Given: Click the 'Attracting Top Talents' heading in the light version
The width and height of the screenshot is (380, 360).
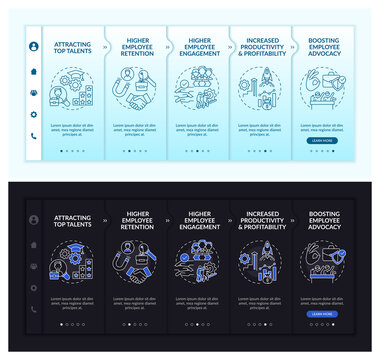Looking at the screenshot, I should click(71, 47).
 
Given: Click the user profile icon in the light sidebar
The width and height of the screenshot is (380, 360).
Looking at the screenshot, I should click(33, 47).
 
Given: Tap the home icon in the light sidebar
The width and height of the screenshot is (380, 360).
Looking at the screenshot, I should click(33, 70).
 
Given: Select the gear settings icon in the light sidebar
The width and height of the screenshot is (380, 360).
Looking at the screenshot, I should click(33, 115).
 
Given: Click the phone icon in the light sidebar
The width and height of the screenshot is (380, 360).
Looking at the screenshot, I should click(33, 137).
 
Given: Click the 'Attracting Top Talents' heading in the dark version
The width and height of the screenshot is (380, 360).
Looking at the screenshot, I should click(71, 223).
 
